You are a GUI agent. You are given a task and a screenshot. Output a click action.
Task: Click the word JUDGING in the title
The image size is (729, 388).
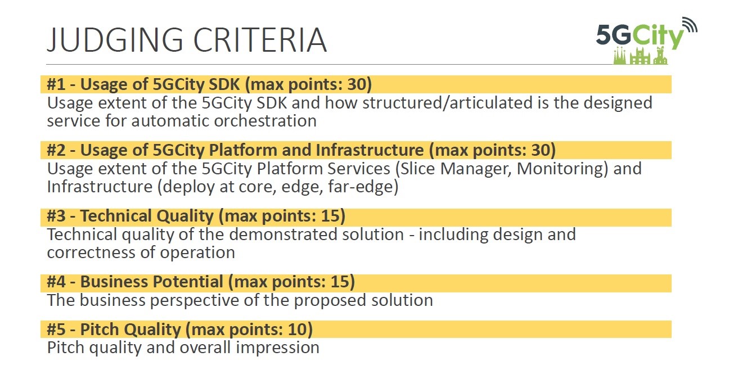pyautogui.click(x=115, y=40)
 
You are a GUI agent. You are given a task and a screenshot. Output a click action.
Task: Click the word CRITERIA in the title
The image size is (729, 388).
pyautogui.click(x=260, y=40)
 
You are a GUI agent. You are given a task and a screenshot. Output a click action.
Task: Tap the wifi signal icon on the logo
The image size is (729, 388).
pyautogui.click(x=690, y=25)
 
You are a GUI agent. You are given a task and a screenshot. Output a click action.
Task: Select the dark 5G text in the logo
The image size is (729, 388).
pyautogui.click(x=614, y=35)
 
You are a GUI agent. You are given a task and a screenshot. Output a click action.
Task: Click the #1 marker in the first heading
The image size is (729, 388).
pyautogui.click(x=56, y=84)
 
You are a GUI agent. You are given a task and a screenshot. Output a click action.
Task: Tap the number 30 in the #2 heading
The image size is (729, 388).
pyautogui.click(x=541, y=150)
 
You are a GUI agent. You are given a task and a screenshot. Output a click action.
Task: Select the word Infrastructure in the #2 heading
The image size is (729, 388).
pyautogui.click(x=370, y=150)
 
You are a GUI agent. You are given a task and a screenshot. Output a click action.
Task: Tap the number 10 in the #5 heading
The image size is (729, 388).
pyautogui.click(x=298, y=330)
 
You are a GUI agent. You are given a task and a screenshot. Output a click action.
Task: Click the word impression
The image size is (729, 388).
pyautogui.click(x=278, y=348)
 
